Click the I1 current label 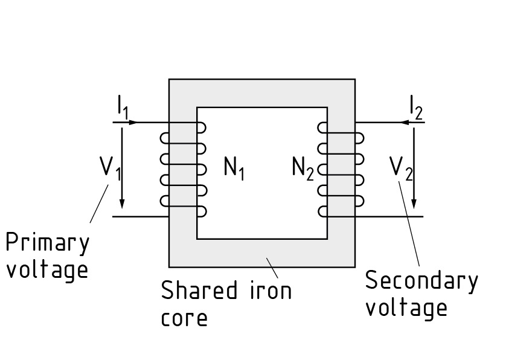click(123, 107)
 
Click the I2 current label click(415, 107)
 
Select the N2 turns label click(303, 167)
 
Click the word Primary click(47, 243)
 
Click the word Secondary click(421, 281)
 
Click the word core click(184, 318)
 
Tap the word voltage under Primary click(46, 270)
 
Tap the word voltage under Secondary click(406, 308)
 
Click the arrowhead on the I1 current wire click(133, 123)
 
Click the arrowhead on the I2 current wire click(404, 123)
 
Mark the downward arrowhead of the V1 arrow click(123, 202)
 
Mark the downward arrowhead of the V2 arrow click(415, 202)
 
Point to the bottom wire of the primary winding click(140, 216)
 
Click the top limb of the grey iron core click(261, 93)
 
